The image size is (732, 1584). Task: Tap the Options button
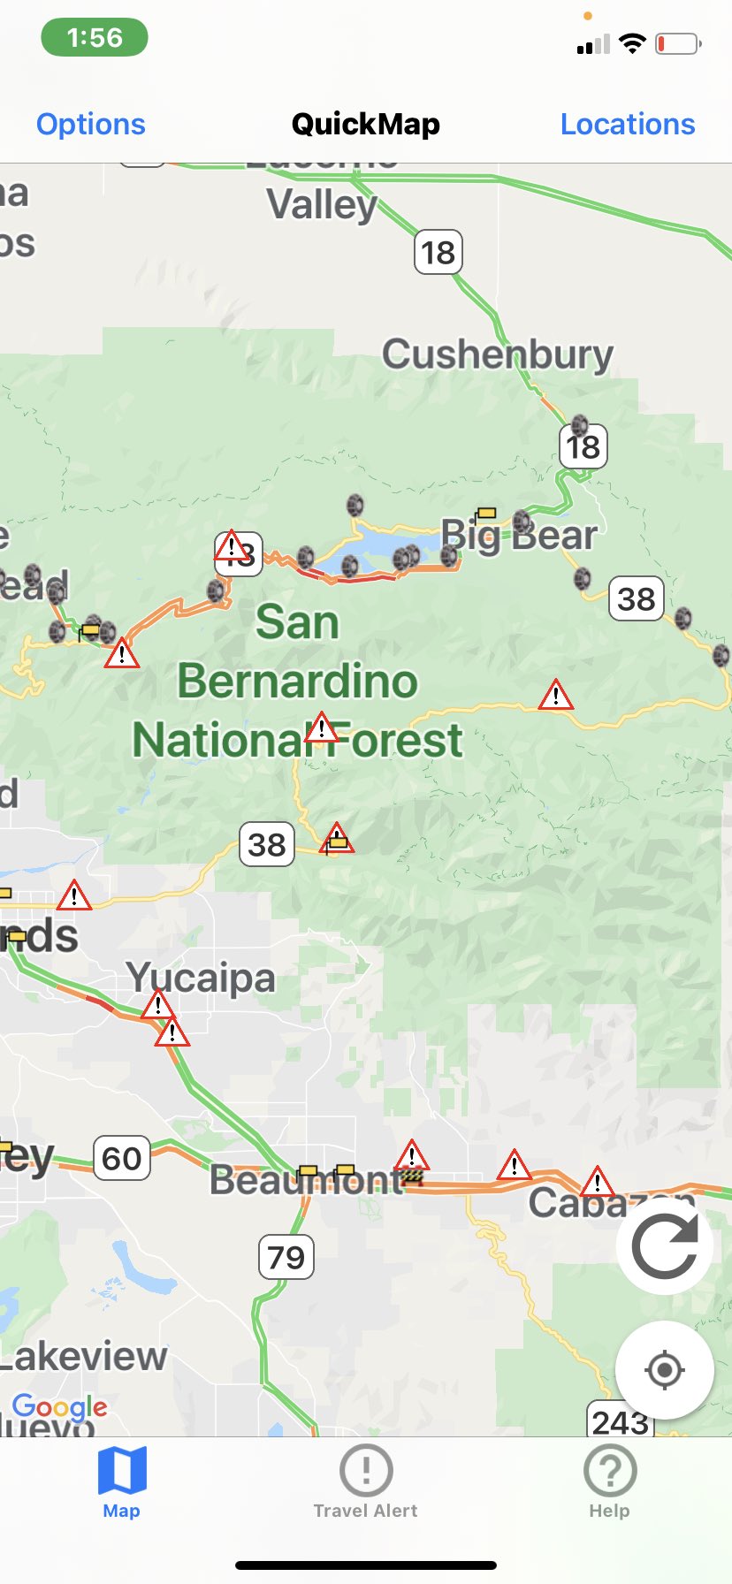(90, 124)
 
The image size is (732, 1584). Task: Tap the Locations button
(627, 124)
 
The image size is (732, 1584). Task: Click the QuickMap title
(365, 124)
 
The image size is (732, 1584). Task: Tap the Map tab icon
(122, 1471)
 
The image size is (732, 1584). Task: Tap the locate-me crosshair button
(664, 1370)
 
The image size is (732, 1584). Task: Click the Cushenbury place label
(497, 354)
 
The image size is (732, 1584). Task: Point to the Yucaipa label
(201, 977)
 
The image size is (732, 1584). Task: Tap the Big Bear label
(520, 535)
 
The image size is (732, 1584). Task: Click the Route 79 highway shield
(286, 1257)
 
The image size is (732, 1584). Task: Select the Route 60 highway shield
(122, 1158)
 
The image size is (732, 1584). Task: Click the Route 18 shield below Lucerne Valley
(438, 253)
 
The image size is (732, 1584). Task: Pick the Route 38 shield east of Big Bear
(637, 598)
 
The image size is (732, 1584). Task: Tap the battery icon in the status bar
(677, 43)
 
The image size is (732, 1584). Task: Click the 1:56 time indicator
(95, 38)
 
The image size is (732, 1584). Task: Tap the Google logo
(59, 1405)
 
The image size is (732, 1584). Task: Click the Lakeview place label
(84, 1356)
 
